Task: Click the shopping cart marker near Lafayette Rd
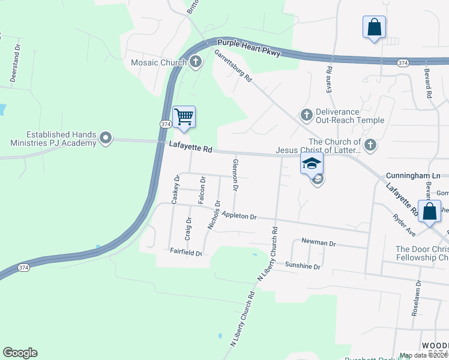tap(184, 116)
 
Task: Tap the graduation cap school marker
tap(312, 163)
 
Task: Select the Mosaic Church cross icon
tap(196, 61)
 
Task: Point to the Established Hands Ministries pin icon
tap(106, 139)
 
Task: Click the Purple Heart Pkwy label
tap(249, 48)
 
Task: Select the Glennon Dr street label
tap(236, 175)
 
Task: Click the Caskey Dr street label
tap(175, 190)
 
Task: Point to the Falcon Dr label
tap(203, 190)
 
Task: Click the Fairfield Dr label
tap(185, 253)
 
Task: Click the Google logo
tap(20, 353)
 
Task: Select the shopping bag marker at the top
tap(374, 27)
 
